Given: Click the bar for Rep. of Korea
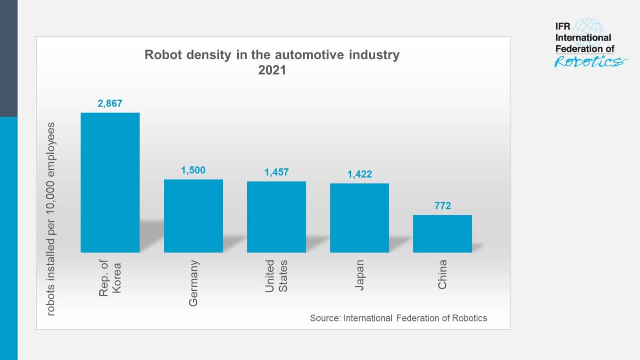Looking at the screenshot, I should click(110, 182).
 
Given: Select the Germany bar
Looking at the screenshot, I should click(193, 216).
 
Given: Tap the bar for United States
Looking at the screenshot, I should click(276, 217).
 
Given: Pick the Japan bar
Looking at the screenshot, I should click(359, 218).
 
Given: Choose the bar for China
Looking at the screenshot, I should click(442, 234).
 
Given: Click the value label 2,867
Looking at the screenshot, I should click(110, 103).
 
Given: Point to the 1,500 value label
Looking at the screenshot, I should click(193, 170).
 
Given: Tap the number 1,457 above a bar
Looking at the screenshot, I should click(276, 172).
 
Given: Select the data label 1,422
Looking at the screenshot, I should click(359, 174).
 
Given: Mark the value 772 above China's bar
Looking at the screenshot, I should click(442, 206).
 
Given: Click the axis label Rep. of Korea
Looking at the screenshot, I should click(110, 278).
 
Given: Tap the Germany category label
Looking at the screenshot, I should click(193, 283).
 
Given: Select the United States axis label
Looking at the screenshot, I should click(276, 276).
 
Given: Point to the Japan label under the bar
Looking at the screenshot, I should click(359, 275).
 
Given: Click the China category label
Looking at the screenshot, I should click(442, 274).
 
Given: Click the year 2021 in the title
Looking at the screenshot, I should click(272, 70).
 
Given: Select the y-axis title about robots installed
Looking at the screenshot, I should click(50, 219).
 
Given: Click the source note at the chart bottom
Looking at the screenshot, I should click(398, 318).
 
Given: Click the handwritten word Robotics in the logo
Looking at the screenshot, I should click(590, 62).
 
